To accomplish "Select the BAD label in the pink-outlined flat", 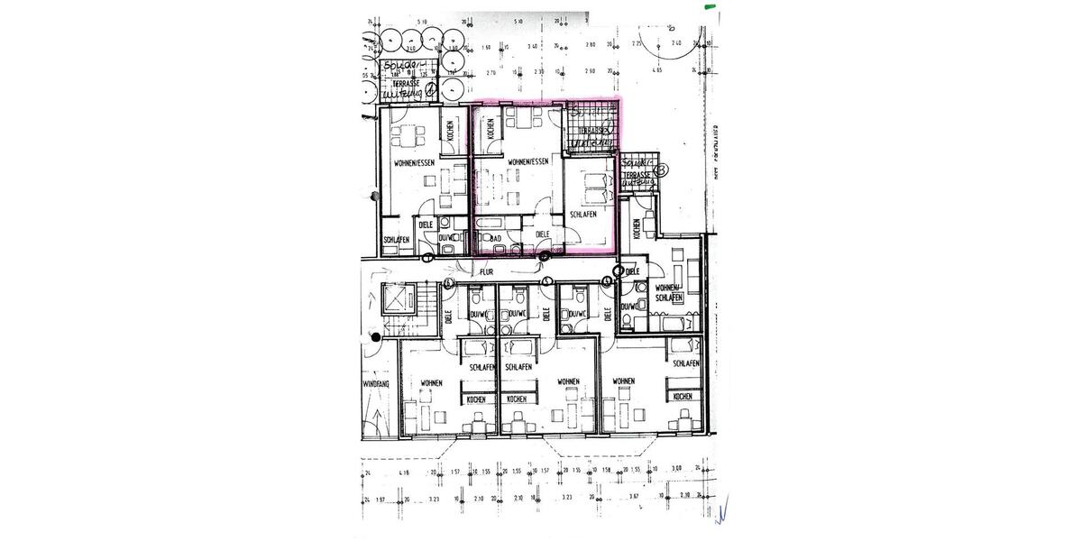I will point(496,239).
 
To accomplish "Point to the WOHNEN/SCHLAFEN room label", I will point(668,292).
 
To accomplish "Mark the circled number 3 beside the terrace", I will point(663,169).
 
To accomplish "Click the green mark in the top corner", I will point(711,6).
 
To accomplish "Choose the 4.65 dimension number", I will point(658,69).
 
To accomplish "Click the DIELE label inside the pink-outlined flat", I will point(543,234).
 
